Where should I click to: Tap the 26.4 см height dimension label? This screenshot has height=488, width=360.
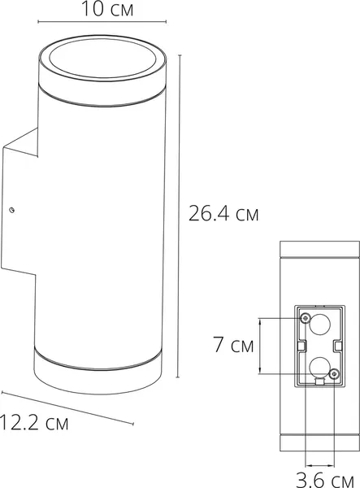click(223, 215)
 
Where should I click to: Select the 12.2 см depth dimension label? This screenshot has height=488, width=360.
click(34, 423)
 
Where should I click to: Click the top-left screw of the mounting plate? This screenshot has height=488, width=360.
click(305, 316)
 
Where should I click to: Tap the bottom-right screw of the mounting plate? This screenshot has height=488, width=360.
click(334, 373)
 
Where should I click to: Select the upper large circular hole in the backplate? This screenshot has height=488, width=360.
click(319, 327)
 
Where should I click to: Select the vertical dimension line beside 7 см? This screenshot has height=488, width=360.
click(261, 346)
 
